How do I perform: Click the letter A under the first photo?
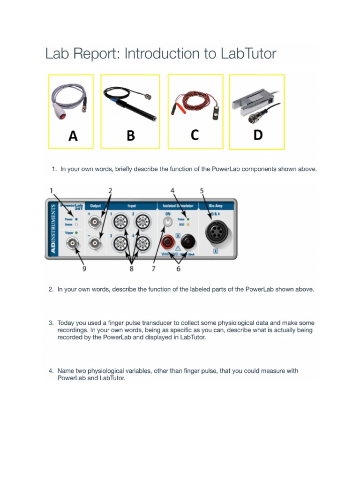click(x=73, y=136)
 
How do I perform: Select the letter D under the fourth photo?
click(x=258, y=135)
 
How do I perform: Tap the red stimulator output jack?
click(x=167, y=242)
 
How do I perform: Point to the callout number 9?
click(x=84, y=269)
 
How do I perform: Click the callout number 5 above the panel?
click(x=202, y=190)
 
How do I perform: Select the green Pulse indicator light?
click(x=187, y=219)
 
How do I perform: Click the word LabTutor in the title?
click(x=247, y=54)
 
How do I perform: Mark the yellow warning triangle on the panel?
click(x=179, y=249)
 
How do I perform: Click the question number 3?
click(x=51, y=323)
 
